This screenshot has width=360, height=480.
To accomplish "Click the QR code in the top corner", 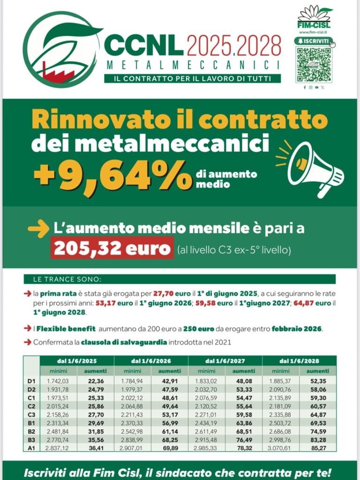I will coord(313,64).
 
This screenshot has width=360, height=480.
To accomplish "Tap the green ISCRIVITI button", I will coord(313,41).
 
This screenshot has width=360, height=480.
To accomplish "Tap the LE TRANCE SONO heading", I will coord(67,279).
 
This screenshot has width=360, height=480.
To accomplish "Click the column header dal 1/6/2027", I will coord(225,361).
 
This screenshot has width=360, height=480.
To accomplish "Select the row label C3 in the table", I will coord(31,415).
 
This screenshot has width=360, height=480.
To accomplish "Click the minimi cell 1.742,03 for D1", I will coord(58,381).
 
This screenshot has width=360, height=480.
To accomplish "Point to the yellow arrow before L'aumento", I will coord(38,229).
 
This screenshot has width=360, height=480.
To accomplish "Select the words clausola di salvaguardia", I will coord(124,342).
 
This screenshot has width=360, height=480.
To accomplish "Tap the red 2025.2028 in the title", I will coord(234,46).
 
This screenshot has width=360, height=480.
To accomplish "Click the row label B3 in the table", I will coord(31,439).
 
